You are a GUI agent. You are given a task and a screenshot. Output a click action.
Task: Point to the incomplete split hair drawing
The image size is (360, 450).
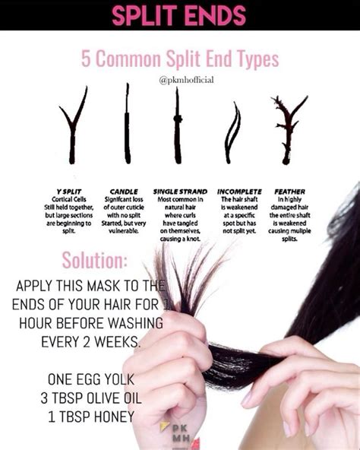coord(232,132)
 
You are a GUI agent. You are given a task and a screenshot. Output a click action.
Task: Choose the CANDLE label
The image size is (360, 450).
coord(124,192)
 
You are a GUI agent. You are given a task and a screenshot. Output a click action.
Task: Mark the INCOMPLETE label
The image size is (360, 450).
coord(239,192)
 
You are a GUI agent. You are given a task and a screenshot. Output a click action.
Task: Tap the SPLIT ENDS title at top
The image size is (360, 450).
coord(179,14)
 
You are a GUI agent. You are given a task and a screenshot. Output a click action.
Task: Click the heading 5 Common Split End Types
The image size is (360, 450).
coord(180,58)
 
